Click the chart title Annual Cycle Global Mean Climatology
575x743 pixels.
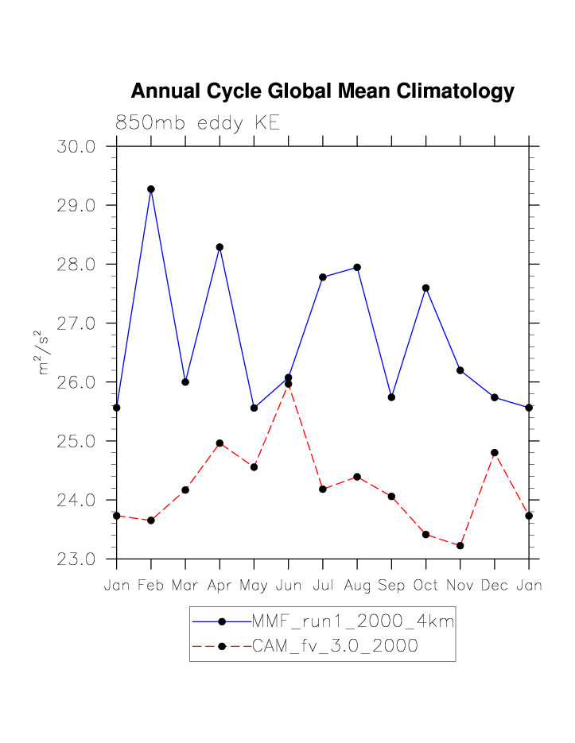(322, 91)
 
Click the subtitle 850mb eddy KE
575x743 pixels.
(197, 123)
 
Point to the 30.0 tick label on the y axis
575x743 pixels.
(76, 147)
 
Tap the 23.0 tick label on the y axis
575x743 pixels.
(76, 559)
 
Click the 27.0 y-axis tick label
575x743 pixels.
(76, 323)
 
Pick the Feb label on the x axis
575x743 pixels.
(151, 586)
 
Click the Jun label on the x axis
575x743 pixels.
(288, 586)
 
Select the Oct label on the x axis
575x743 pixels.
(425, 586)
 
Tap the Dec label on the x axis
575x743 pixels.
(495, 586)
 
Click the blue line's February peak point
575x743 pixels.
(151, 189)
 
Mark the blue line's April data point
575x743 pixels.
(220, 247)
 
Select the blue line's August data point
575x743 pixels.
(357, 267)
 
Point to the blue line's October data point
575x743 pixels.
(425, 288)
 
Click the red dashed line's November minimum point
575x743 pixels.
(460, 545)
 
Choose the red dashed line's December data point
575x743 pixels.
(495, 453)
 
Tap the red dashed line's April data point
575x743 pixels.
(220, 443)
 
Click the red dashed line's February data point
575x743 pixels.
(151, 520)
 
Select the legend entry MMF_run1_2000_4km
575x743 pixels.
(352, 621)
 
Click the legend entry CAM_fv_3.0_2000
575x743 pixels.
(335, 646)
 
